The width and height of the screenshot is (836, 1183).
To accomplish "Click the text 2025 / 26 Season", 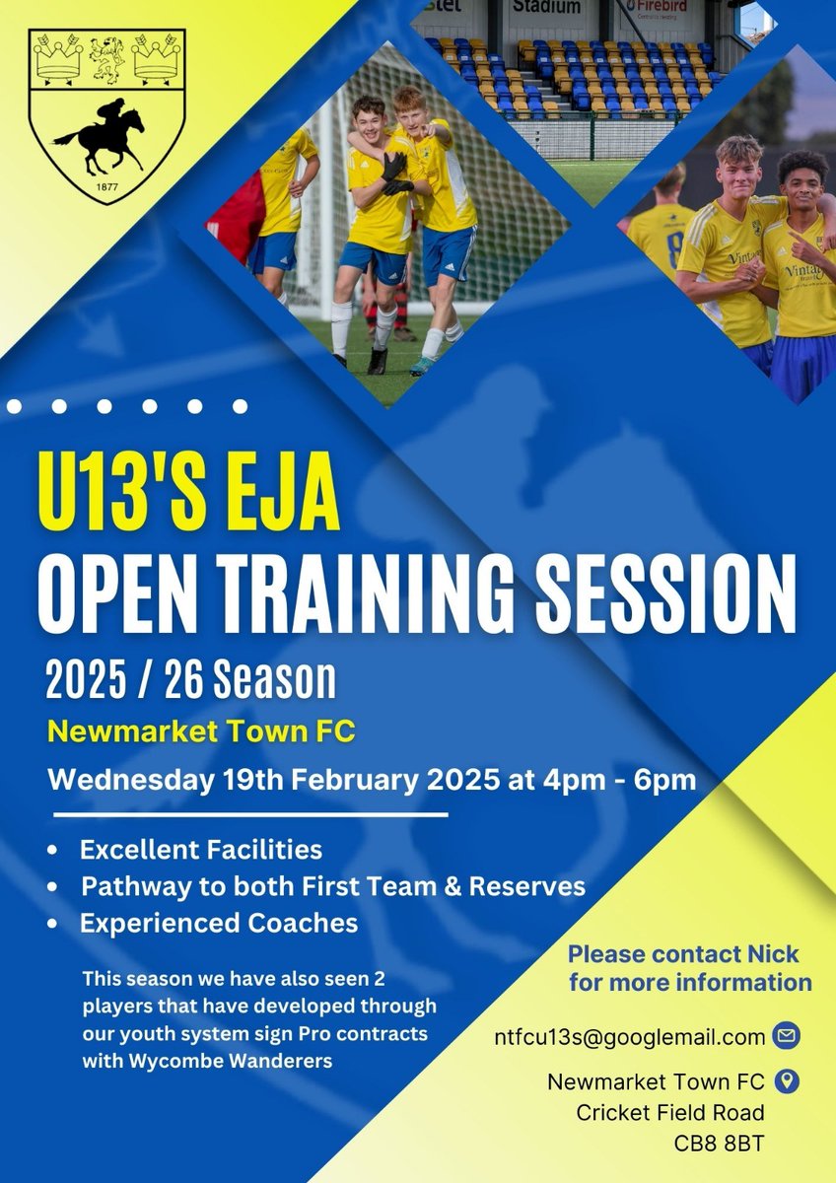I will click(x=190, y=680).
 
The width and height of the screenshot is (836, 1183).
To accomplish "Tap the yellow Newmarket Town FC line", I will click(x=202, y=732).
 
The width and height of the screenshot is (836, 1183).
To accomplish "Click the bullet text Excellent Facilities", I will click(x=201, y=849).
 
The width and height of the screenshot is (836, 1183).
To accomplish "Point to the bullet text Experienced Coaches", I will click(x=219, y=924).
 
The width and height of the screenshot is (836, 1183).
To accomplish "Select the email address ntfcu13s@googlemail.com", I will click(x=630, y=1037).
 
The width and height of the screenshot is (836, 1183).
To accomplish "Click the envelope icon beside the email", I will click(x=787, y=1036).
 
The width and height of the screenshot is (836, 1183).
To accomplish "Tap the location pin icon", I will click(x=786, y=1081).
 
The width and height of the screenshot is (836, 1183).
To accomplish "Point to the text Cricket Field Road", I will click(x=669, y=1114).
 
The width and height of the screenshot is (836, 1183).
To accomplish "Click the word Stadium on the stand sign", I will click(x=545, y=7).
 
